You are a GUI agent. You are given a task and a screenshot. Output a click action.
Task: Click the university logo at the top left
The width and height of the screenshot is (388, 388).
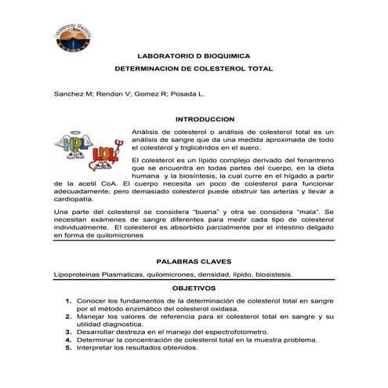pyautogui.click(x=77, y=31)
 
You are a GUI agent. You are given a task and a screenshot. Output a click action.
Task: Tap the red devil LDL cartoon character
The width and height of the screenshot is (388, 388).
pyautogui.click(x=106, y=158)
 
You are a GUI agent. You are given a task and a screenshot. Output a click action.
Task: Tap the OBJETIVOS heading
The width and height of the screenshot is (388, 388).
pyautogui.click(x=194, y=288)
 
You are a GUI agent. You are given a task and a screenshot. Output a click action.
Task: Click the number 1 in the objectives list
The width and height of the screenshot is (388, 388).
pyautogui.click(x=69, y=301)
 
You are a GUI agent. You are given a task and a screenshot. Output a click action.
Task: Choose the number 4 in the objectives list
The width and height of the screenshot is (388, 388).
pyautogui.click(x=69, y=340)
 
